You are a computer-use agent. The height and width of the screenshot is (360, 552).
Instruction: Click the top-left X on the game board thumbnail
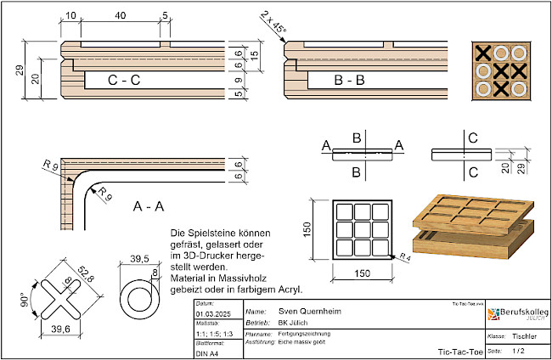[x=483, y=53]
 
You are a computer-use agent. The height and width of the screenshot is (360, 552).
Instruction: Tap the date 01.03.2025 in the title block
[x=210, y=313]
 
